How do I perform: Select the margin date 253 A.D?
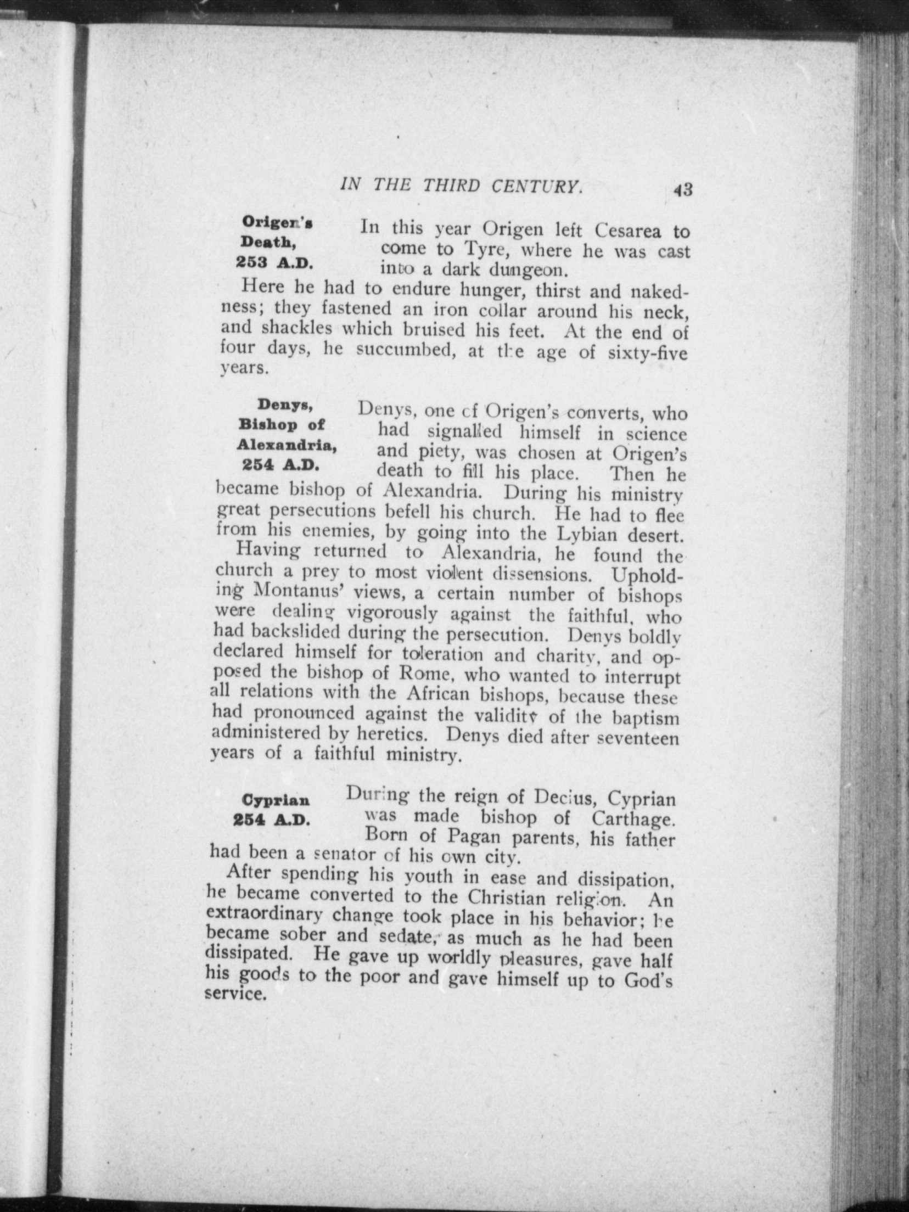point(274,263)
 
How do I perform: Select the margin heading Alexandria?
point(287,445)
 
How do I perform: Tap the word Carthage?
point(633,819)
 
